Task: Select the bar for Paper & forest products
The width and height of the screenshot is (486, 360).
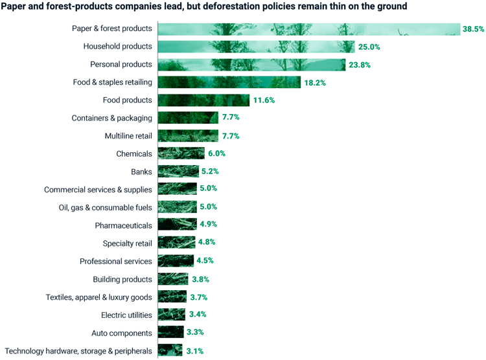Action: click(308, 29)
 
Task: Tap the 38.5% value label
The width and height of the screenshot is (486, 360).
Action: click(473, 29)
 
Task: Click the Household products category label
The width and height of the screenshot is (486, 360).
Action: click(117, 47)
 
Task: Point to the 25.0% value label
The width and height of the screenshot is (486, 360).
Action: click(369, 47)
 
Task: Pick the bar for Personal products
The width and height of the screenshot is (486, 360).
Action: click(252, 65)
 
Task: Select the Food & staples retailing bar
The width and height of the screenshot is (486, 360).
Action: click(229, 82)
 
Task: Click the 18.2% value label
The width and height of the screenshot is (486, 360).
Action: click(316, 83)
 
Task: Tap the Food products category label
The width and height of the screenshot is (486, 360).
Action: click(127, 100)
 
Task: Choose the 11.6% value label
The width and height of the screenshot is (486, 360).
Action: click(264, 100)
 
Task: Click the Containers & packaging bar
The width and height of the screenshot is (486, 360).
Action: click(188, 118)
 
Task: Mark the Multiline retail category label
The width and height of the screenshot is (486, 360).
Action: click(128, 136)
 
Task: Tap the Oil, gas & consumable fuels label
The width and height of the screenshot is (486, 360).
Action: click(106, 207)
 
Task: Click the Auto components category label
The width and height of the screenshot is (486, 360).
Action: click(122, 333)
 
